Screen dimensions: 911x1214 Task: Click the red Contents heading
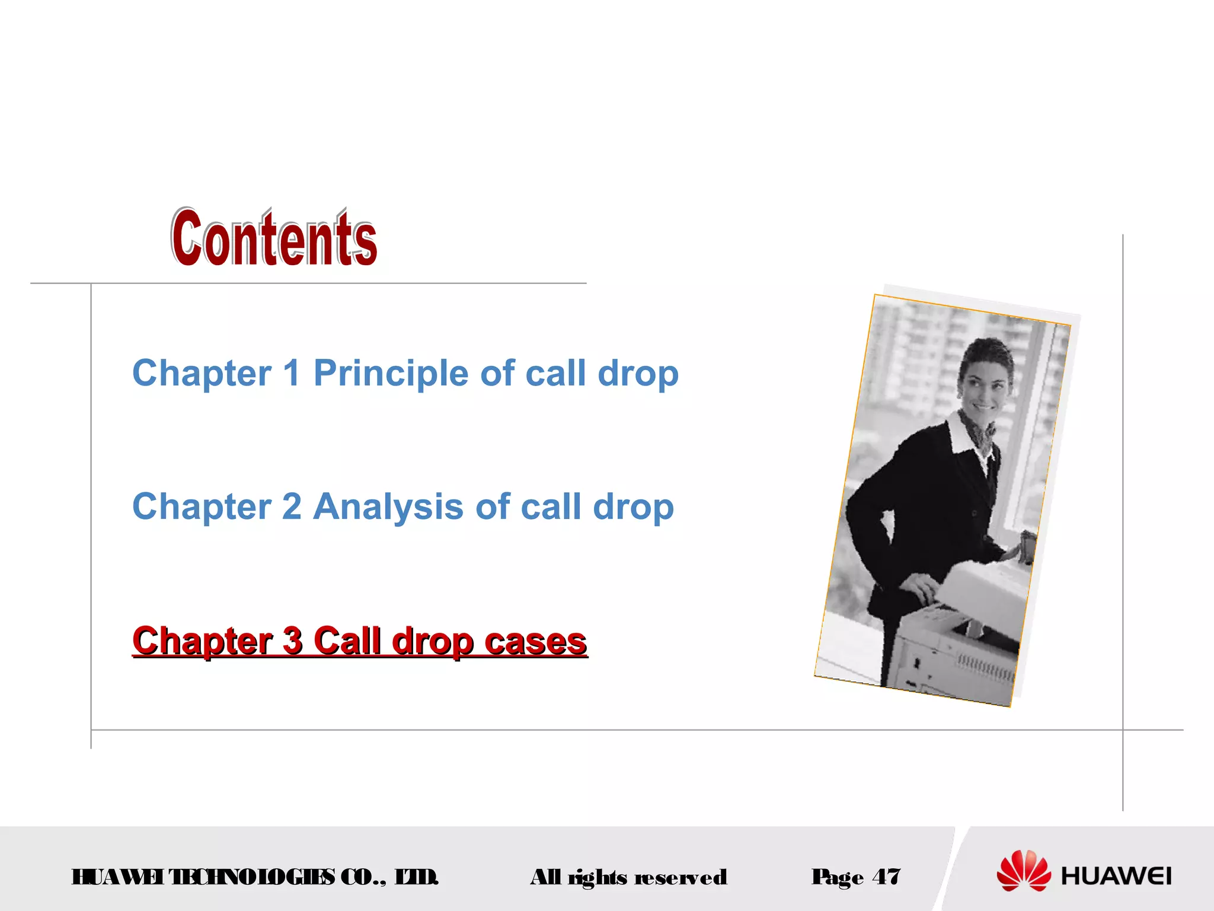pyautogui.click(x=274, y=238)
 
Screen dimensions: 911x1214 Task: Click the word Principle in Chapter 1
pyautogui.click(x=391, y=374)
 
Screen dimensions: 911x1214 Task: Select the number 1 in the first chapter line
pyautogui.click(x=291, y=374)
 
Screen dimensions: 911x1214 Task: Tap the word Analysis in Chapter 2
pyautogui.click(x=388, y=507)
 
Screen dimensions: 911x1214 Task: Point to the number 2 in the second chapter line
pyautogui.click(x=292, y=507)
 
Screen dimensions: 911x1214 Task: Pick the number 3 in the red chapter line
pyautogui.click(x=292, y=641)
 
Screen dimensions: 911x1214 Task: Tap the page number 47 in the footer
pyautogui.click(x=886, y=877)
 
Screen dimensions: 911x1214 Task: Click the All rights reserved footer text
pyautogui.click(x=628, y=877)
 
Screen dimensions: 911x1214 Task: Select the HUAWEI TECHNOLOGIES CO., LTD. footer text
pyautogui.click(x=255, y=877)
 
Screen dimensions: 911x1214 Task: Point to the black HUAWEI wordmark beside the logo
pyautogui.click(x=1116, y=877)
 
